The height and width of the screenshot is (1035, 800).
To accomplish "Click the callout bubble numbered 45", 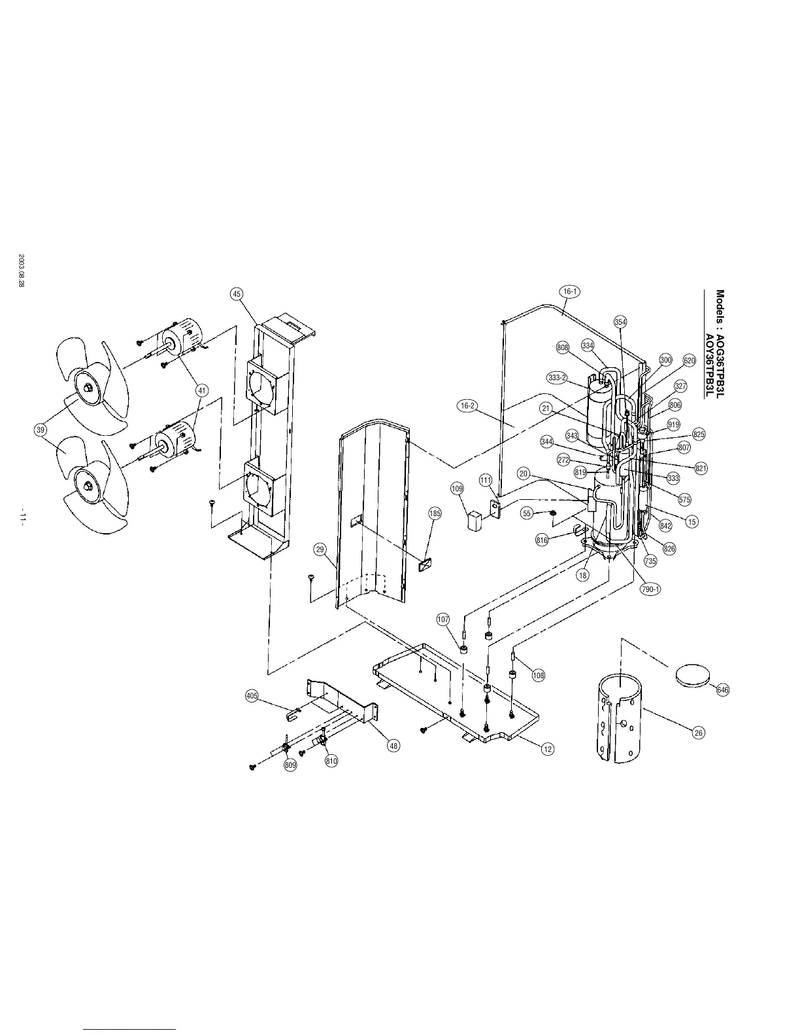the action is pyautogui.click(x=237, y=294).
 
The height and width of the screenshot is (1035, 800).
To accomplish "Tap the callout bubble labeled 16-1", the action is pyautogui.click(x=570, y=291).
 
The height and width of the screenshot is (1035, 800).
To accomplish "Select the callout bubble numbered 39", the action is pyautogui.click(x=41, y=430).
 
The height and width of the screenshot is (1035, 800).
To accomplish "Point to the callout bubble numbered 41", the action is pyautogui.click(x=202, y=391).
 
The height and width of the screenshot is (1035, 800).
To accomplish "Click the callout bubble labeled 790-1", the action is pyautogui.click(x=650, y=589).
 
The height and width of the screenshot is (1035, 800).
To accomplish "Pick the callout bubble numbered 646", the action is pyautogui.click(x=723, y=690).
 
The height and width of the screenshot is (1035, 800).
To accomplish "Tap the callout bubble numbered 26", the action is pyautogui.click(x=699, y=732).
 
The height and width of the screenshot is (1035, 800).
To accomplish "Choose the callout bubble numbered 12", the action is pyautogui.click(x=548, y=749).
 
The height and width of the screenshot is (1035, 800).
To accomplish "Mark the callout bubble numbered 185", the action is pyautogui.click(x=435, y=514).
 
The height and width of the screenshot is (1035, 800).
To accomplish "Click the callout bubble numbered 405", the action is pyautogui.click(x=252, y=696).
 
